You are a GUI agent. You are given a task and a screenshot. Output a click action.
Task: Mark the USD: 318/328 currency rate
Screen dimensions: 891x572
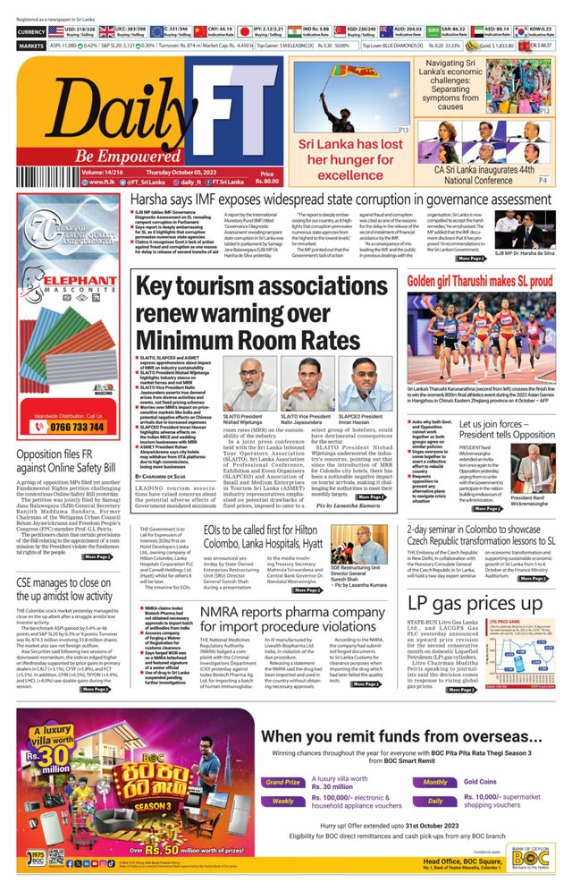[x=80, y=31]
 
